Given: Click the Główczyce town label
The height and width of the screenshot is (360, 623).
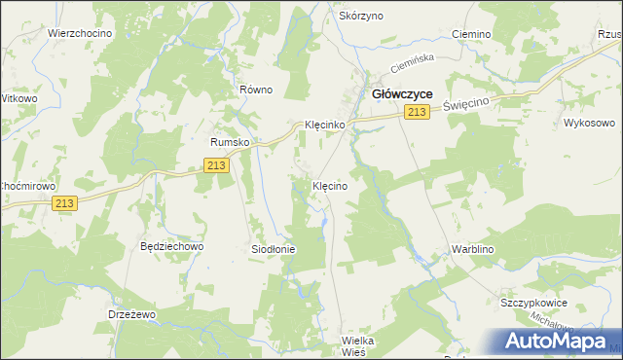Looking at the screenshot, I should point(403,93).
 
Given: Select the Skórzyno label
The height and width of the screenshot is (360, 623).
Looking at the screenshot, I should point(361,17).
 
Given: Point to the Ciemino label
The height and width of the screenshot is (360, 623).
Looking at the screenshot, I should point(472,34).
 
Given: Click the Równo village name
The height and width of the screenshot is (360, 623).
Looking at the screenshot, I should point(256,90).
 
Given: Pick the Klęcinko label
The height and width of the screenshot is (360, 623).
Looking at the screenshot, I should point(325,126).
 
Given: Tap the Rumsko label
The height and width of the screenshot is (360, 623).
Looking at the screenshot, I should point(232,142).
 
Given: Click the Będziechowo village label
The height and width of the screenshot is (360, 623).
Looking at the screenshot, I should point(171,247).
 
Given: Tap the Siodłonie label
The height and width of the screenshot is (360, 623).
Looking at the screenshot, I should point(274,249).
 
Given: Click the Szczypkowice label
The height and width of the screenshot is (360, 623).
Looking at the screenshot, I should point(533,303).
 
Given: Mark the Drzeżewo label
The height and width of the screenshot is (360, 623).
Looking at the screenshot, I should point(131,315).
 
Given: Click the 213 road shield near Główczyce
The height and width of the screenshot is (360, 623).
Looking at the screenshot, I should point(417,114).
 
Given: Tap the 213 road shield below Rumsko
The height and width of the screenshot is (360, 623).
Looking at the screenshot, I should point(218,167).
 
